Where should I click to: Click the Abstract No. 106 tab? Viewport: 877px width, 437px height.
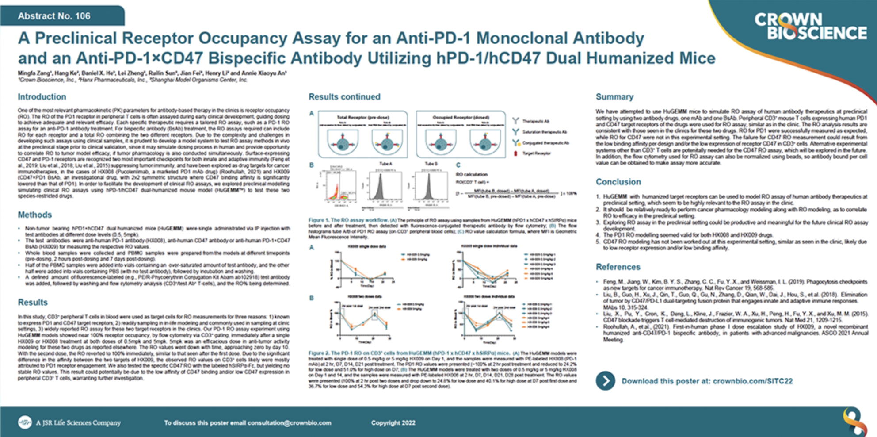point(54,16)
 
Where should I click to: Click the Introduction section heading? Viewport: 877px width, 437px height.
point(42,96)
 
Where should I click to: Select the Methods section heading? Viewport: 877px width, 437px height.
point(34,215)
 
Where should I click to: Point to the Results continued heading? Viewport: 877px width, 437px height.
point(344,96)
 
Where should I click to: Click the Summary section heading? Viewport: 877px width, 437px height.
point(614,96)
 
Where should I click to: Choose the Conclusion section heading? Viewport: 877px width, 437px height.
point(618,182)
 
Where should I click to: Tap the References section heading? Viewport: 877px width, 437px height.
point(618,267)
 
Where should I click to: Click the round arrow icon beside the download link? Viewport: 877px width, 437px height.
point(605,381)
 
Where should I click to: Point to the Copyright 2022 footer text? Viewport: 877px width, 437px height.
point(393,423)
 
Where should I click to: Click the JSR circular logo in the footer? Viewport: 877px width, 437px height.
point(25,422)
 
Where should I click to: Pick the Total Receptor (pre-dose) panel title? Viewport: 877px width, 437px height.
point(363,118)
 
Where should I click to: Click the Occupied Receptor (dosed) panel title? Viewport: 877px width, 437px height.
point(461,118)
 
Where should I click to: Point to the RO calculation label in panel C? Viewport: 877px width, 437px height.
point(471,174)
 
